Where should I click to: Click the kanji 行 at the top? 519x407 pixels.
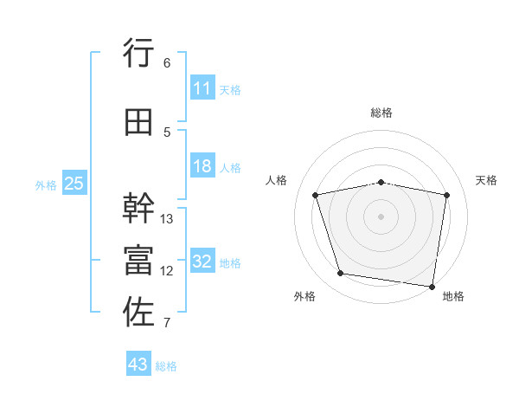139,54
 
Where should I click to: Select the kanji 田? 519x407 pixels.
139,123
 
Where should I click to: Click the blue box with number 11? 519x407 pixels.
202,88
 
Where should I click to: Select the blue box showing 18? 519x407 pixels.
202,167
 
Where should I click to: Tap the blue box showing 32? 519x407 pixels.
202,262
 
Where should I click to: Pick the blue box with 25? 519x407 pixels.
74,184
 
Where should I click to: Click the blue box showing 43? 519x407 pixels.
138,365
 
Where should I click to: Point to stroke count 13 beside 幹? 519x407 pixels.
167,218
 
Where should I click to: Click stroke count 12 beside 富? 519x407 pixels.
167,271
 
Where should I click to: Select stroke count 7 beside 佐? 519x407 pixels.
167,323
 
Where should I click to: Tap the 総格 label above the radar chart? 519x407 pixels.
381,113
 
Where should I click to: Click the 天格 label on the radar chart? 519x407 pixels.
487,180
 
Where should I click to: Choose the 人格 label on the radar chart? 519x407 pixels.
276,180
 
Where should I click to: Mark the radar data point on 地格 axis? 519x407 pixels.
432,286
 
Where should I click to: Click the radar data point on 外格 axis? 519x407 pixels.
341,274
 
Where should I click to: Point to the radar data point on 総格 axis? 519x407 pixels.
381,183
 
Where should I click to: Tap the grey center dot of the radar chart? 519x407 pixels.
381,216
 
